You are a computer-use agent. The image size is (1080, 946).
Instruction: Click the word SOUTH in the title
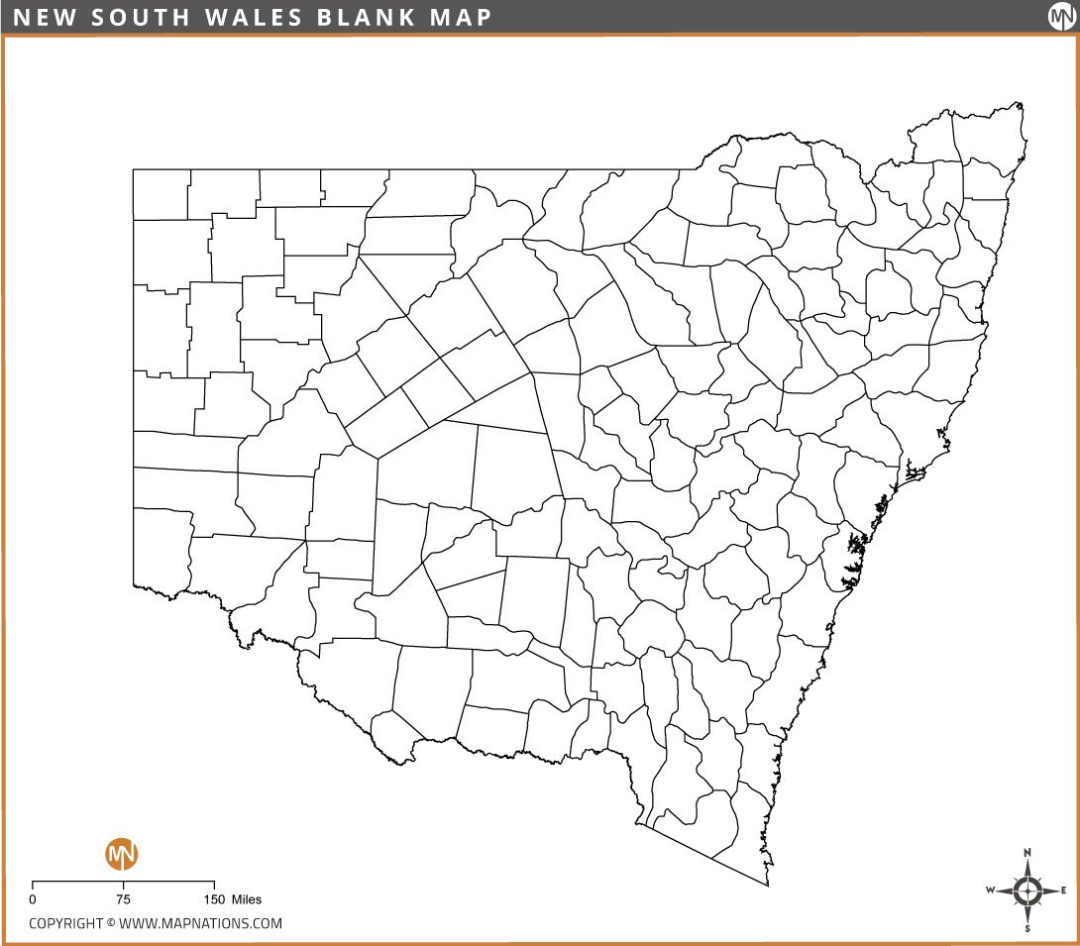click(125, 17)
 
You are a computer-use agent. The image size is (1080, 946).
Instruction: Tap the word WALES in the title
click(234, 17)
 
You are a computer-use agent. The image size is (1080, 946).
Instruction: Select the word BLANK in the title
click(348, 17)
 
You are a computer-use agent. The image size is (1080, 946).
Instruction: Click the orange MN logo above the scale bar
click(122, 853)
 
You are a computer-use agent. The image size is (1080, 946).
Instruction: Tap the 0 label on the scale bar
click(33, 899)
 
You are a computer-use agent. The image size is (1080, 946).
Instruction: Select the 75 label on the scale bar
click(123, 899)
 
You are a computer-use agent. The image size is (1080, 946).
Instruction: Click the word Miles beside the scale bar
click(247, 899)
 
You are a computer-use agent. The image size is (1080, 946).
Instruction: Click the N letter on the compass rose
click(1027, 852)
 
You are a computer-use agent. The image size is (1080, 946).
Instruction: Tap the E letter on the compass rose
click(1063, 890)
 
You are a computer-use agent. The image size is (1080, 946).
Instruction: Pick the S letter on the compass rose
click(1027, 928)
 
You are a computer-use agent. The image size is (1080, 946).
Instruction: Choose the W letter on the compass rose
click(990, 890)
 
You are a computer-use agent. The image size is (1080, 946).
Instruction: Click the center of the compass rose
click(1027, 890)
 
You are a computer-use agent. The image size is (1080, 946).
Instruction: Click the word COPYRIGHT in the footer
click(65, 923)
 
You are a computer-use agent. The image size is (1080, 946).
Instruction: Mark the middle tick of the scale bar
click(123, 883)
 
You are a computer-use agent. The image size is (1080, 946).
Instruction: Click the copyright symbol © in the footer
click(111, 923)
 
